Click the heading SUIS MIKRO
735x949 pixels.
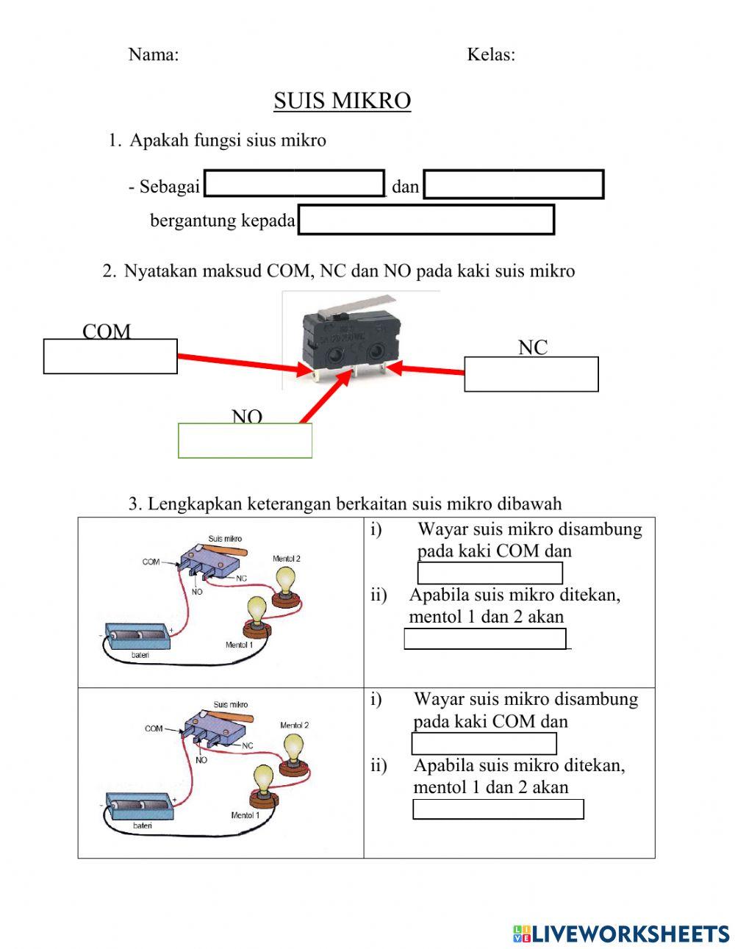(342, 101)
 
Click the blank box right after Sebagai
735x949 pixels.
(294, 184)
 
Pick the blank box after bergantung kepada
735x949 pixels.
(426, 220)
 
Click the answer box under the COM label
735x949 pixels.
(110, 357)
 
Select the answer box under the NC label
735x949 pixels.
(531, 374)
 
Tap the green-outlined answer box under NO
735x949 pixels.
(245, 441)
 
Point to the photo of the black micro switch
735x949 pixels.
(351, 338)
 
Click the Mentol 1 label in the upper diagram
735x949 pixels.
(239, 645)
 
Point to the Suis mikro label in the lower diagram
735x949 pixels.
(230, 704)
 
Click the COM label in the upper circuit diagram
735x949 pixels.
(151, 562)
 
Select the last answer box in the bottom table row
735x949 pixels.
(498, 809)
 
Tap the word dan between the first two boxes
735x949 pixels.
(405, 187)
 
